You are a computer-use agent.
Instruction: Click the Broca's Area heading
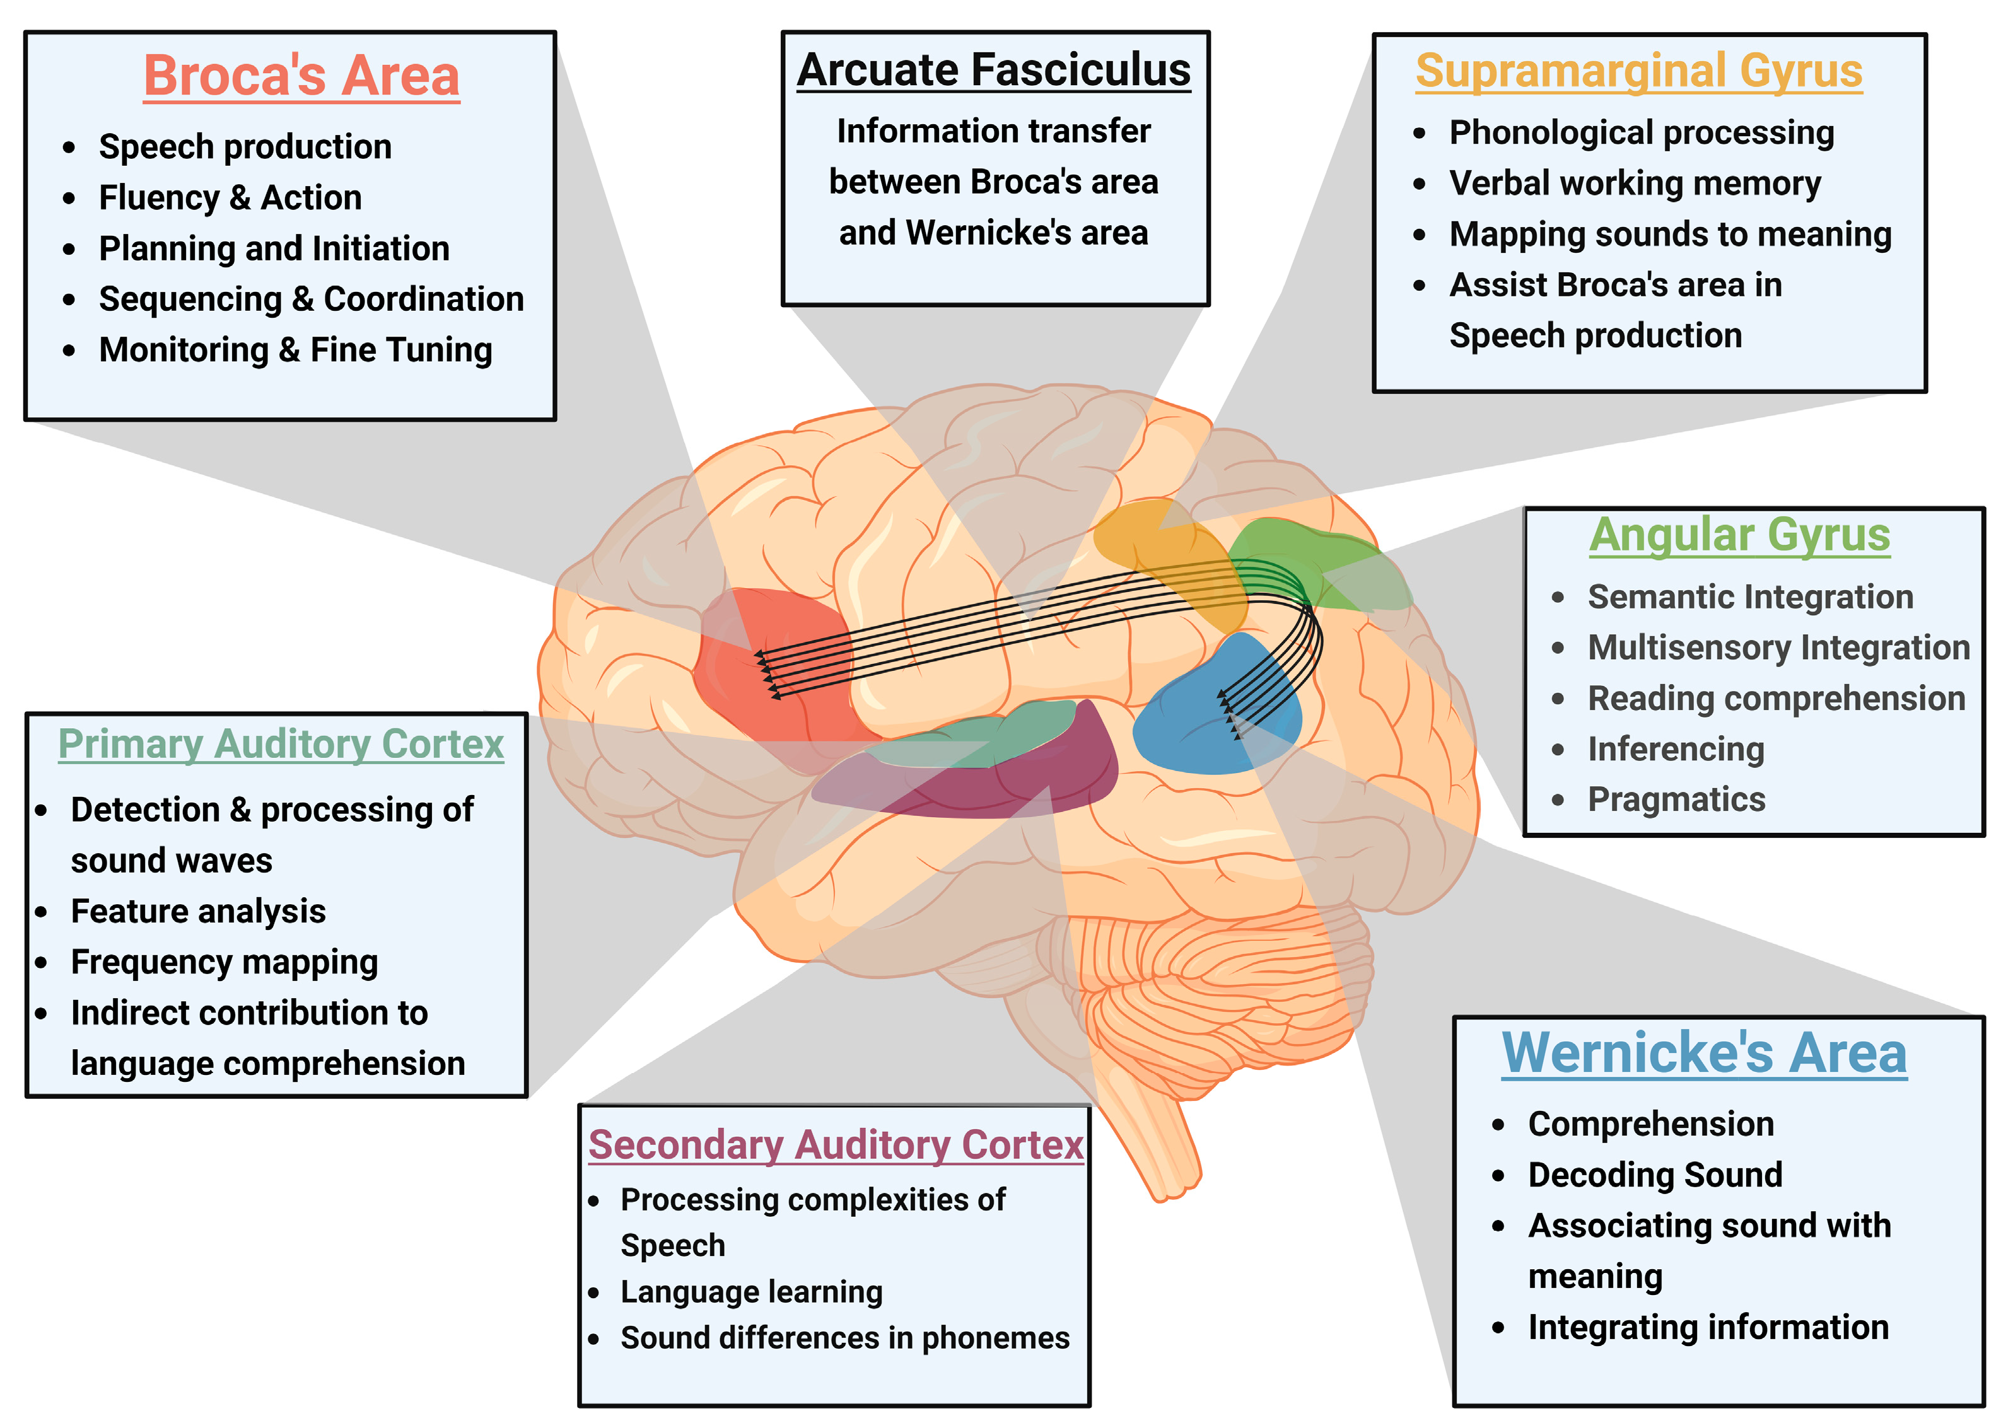[301, 76]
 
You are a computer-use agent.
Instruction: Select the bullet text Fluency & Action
[230, 197]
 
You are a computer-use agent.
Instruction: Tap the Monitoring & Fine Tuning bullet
[295, 350]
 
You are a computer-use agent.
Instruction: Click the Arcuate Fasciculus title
[993, 70]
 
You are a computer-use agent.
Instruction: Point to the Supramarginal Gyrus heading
[1638, 71]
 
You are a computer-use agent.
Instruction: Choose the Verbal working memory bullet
[1634, 183]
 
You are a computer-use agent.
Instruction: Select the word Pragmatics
[1676, 799]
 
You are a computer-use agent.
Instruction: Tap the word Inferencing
[1675, 748]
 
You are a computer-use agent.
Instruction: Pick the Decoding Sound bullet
[1655, 1174]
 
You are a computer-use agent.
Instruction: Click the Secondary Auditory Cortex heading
[836, 1144]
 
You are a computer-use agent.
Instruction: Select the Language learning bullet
[751, 1292]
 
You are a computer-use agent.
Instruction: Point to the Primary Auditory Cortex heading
[281, 744]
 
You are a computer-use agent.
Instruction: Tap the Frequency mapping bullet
[225, 962]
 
